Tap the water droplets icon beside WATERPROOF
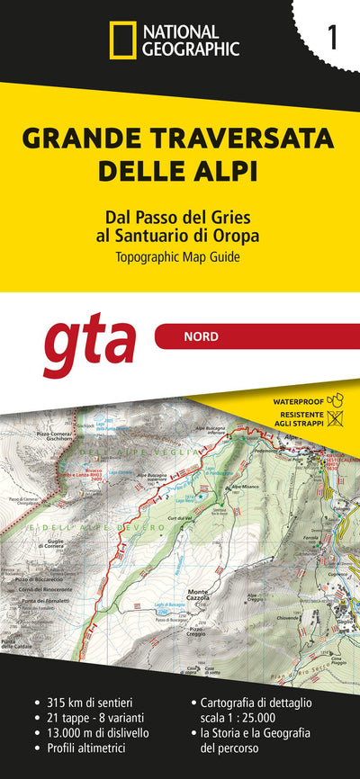[337, 398]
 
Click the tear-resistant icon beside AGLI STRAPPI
[337, 417]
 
